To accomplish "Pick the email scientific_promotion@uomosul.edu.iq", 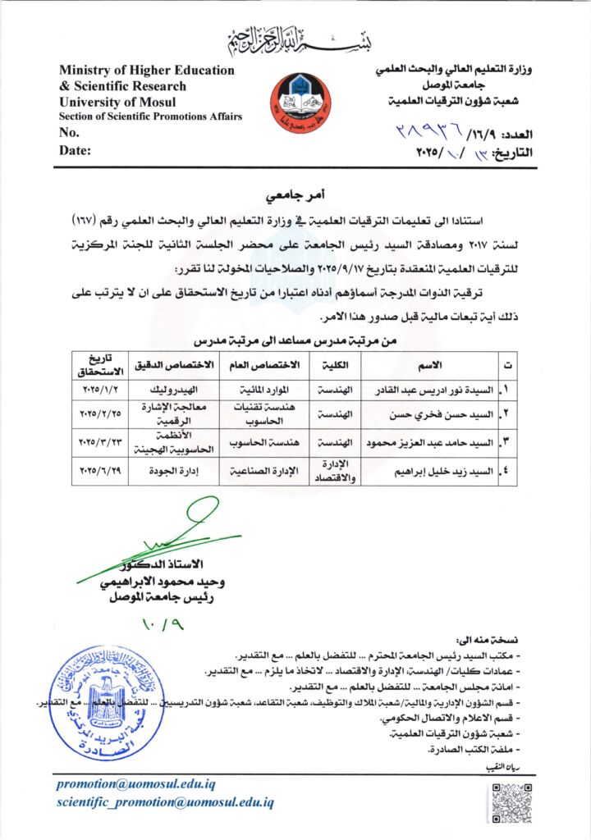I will (165, 801).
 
